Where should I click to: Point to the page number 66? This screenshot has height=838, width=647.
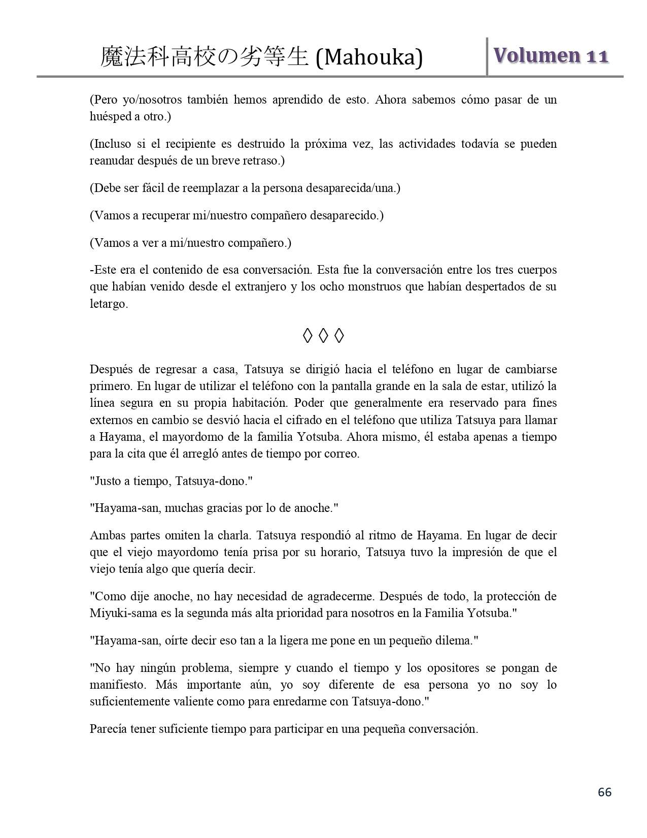(605, 792)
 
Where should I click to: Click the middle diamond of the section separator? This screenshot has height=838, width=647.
(323, 335)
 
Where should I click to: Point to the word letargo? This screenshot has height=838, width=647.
(109, 304)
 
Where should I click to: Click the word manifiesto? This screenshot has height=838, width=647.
(117, 685)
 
